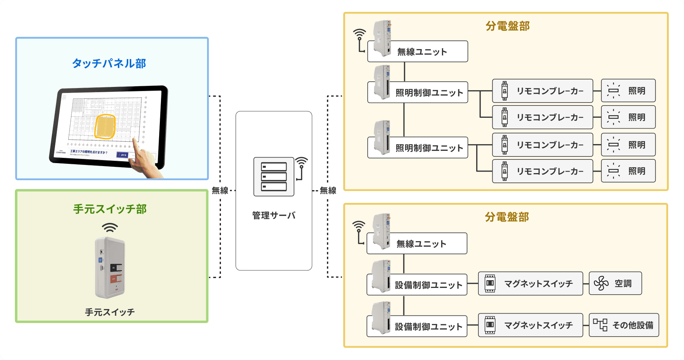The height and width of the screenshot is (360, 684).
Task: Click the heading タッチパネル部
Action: coord(109,64)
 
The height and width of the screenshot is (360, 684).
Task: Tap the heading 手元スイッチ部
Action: coord(110,209)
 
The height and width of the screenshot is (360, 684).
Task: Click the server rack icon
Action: coord(274,177)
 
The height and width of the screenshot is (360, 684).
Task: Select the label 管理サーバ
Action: coord(274,215)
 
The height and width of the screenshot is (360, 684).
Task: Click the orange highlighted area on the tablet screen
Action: coord(105,127)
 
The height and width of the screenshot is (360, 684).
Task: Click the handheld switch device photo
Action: coord(110,267)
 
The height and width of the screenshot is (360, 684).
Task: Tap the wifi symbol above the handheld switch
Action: coord(110,227)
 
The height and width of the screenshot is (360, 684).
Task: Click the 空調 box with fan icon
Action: coord(615,283)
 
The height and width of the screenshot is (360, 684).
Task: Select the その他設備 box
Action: coord(624,325)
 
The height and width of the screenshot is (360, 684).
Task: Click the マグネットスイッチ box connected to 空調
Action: coord(530,283)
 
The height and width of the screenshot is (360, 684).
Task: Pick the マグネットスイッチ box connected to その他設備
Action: coord(530,325)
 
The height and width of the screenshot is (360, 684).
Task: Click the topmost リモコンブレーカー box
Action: coord(542,91)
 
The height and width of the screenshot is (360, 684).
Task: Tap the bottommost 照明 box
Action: coord(628,171)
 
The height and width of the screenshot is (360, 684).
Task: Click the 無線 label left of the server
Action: coord(220,191)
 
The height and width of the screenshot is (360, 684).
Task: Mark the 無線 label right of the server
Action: coord(328,191)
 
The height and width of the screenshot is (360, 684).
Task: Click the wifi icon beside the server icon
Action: coord(301,163)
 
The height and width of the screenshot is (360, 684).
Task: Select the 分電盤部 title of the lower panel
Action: coord(507,217)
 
